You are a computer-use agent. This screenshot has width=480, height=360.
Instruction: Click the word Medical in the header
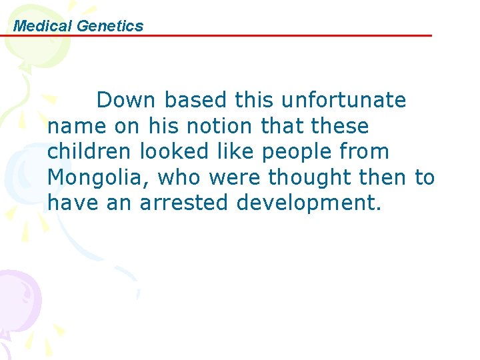[43, 26]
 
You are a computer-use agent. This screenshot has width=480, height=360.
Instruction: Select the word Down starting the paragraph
[126, 101]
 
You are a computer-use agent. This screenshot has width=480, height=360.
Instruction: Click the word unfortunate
[343, 101]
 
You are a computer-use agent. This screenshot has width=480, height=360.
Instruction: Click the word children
[90, 152]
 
